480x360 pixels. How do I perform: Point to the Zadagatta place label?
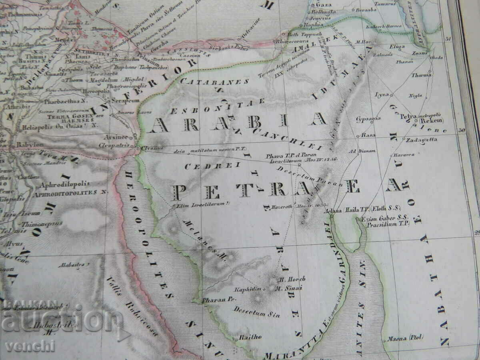point(421,140)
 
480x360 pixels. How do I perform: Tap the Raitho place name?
point(250,337)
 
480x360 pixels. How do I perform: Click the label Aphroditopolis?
point(64,184)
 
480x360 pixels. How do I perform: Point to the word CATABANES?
point(215,81)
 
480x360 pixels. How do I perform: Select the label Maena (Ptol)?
point(402,339)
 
